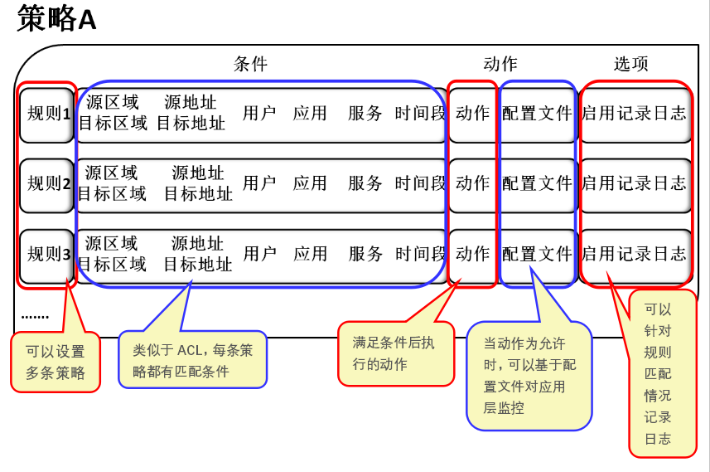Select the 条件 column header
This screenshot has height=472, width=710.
tap(251, 64)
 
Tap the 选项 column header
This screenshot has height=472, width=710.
tap(631, 64)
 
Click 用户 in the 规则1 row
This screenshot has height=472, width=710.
tap(259, 114)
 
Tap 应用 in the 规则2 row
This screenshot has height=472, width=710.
tap(310, 183)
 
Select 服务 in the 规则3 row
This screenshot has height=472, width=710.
tap(365, 254)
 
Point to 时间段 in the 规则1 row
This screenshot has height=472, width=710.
tap(420, 114)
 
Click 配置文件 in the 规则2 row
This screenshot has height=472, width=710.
tap(537, 183)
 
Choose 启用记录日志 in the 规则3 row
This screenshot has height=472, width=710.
tap(635, 254)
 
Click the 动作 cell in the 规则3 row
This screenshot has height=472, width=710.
tap(472, 254)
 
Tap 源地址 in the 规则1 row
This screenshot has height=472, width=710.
tap(191, 103)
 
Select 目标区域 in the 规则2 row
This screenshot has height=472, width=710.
tap(112, 194)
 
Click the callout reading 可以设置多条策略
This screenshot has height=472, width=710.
tap(56, 363)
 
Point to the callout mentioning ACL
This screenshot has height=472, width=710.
tap(192, 361)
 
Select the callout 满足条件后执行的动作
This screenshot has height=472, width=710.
tap(394, 353)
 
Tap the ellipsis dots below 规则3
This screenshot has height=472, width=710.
tap(35, 316)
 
